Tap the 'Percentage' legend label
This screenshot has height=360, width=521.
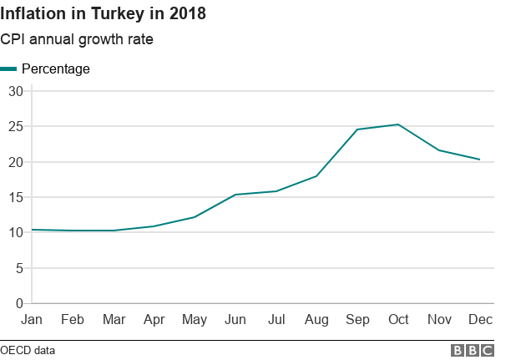click(x=56, y=68)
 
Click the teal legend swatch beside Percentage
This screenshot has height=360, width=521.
click(x=8, y=69)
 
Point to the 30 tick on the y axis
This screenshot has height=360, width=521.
click(x=15, y=91)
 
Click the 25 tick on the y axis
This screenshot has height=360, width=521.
click(x=15, y=126)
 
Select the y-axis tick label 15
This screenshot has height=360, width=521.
click(x=15, y=197)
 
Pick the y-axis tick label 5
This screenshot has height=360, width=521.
click(x=18, y=268)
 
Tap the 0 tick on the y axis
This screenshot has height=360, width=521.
click(x=18, y=303)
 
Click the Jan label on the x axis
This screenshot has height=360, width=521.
click(x=32, y=320)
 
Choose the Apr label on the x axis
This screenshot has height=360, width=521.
click(x=154, y=320)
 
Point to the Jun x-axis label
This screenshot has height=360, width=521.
click(x=235, y=320)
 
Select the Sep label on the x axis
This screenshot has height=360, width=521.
click(x=357, y=320)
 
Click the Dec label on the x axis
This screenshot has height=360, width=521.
click(x=479, y=320)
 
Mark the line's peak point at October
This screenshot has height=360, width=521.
click(x=398, y=124)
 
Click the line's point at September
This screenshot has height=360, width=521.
click(x=357, y=129)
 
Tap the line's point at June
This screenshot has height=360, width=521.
click(x=235, y=195)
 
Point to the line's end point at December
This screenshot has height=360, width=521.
click(x=479, y=160)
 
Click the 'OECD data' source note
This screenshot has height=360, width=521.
click(x=28, y=350)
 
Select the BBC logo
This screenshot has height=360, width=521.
click(x=472, y=351)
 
